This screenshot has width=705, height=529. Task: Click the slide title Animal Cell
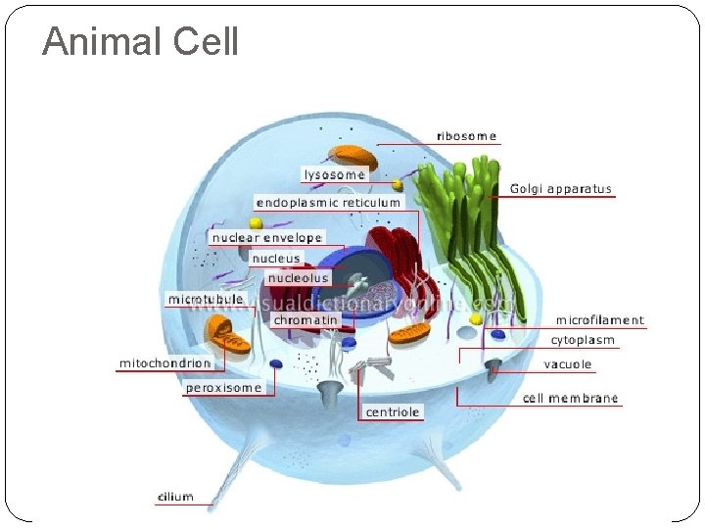pos(140,42)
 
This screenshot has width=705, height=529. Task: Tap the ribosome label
pos(466,136)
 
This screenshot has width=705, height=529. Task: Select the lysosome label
pos(335,174)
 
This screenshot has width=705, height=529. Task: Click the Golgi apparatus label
pos(561,189)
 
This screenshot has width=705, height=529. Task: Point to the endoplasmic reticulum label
pos(328,203)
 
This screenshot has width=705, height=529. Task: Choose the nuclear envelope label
pos(267,238)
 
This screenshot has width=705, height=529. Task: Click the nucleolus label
pos(299,278)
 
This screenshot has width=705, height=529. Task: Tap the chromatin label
pos(305,319)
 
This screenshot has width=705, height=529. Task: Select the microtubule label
pos(206,298)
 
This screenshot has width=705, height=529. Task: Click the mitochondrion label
pos(164,363)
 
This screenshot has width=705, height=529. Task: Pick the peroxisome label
pos(224,388)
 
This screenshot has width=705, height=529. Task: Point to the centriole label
pos(393,412)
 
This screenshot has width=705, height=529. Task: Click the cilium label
pos(176,498)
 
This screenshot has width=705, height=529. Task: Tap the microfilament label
pos(600,320)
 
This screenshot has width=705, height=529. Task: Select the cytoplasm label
pos(583,341)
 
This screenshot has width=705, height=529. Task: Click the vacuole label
pos(568,364)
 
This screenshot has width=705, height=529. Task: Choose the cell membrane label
pos(571,398)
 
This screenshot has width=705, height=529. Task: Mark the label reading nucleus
pos(275,259)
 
